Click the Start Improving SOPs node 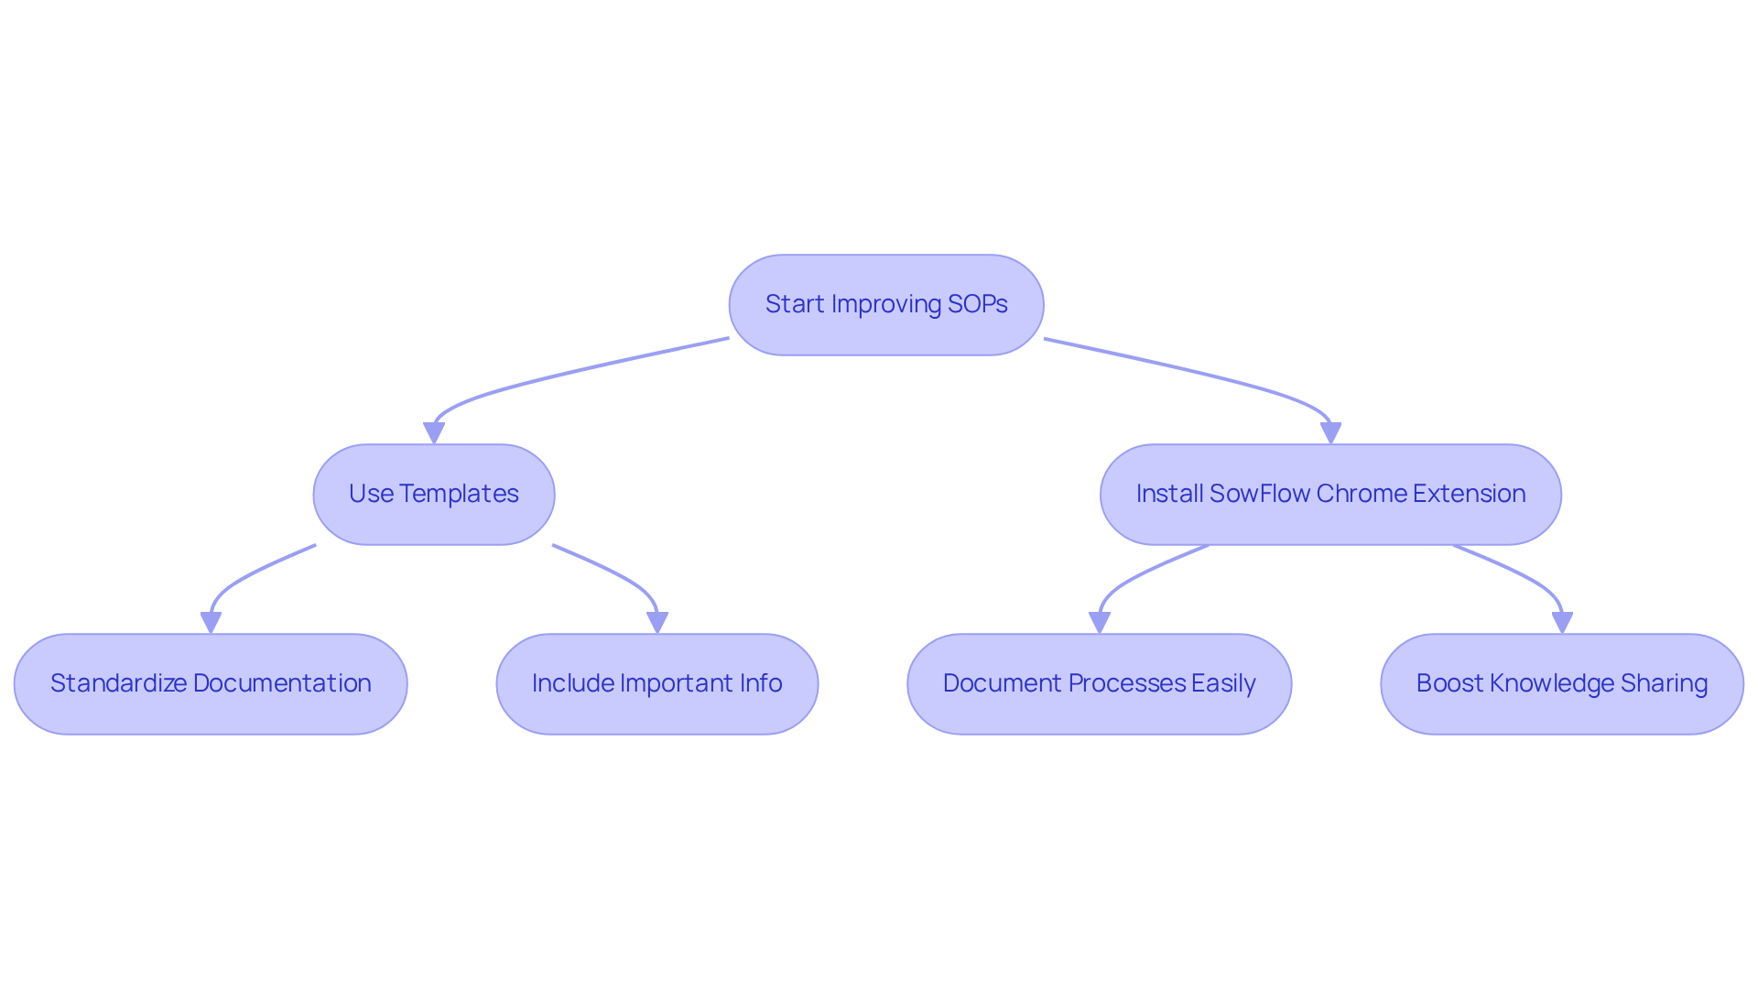click(885, 305)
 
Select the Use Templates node click(433, 495)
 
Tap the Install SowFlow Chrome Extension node click(1329, 495)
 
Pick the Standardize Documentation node click(211, 684)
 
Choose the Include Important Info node click(657, 684)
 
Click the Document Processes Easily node click(1099, 684)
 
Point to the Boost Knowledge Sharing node click(1561, 684)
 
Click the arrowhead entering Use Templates click(434, 433)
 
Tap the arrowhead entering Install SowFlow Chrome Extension click(1330, 433)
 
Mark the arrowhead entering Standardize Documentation click(211, 623)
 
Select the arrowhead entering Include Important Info click(657, 623)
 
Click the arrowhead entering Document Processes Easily click(1099, 623)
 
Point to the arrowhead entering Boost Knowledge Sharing click(1561, 623)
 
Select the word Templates click(459, 494)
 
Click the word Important click(674, 683)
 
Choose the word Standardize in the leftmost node click(118, 683)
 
